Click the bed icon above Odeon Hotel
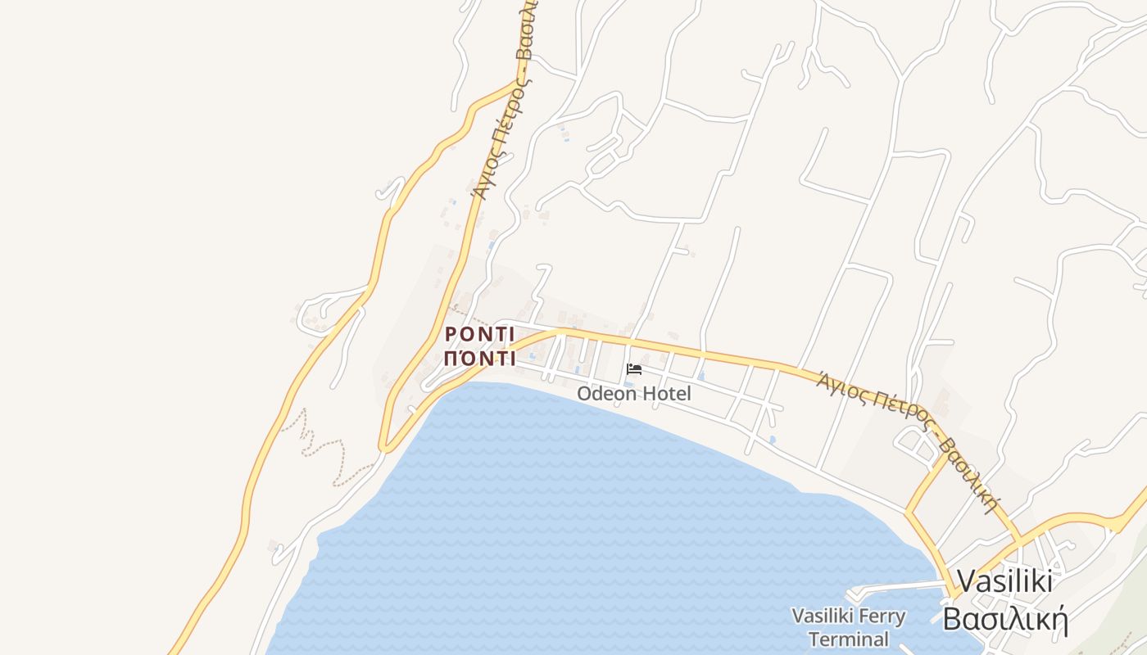[633, 369]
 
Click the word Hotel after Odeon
[666, 394]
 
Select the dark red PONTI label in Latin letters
[479, 335]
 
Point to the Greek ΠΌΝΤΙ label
[479, 359]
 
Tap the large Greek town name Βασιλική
[1004, 619]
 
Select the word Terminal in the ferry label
[848, 639]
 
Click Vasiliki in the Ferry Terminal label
[823, 616]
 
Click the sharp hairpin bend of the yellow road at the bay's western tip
[383, 447]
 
